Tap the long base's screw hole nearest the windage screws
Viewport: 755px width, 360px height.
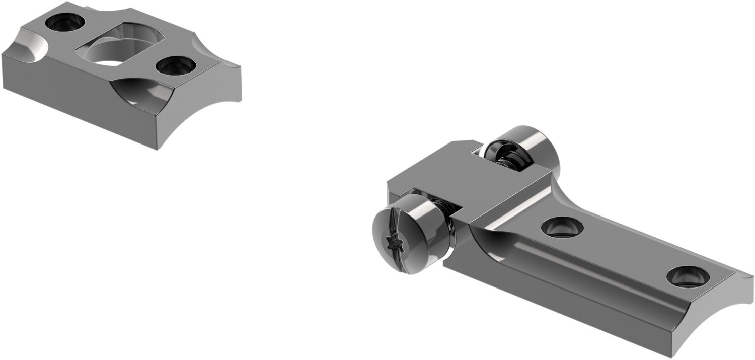(562, 227)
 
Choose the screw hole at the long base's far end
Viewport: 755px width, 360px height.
(688, 277)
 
